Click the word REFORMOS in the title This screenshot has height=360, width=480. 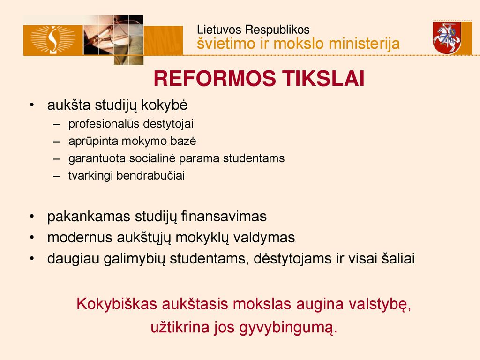click(215, 78)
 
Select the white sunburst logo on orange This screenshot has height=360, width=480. click(53, 40)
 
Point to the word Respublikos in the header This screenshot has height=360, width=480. click(277, 30)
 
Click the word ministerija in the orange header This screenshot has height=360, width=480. click(364, 44)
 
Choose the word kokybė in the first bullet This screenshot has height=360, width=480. click(165, 105)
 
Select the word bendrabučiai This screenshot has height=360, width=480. click(150, 176)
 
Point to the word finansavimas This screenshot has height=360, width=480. click(224, 217)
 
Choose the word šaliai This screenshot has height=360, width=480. click(398, 259)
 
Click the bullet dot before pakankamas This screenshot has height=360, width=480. click(32, 217)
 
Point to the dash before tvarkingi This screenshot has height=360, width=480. click(57, 176)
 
